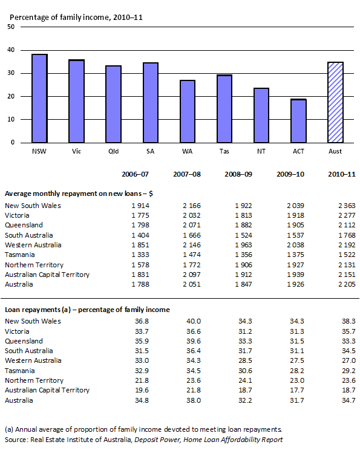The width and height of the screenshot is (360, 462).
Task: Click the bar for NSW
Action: coord(39,99)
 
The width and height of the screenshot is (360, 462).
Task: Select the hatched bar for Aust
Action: coord(335,102)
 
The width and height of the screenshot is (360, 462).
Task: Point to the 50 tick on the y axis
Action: coord(11,27)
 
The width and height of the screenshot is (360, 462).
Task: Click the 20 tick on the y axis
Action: coord(11,97)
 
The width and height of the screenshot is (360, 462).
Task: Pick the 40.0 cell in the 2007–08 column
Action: coord(191,321)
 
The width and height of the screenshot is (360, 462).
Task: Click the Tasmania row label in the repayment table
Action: coord(22,255)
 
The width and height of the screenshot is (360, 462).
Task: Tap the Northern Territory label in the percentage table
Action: coord(34,380)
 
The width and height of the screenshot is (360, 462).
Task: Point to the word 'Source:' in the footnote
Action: coord(18,440)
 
